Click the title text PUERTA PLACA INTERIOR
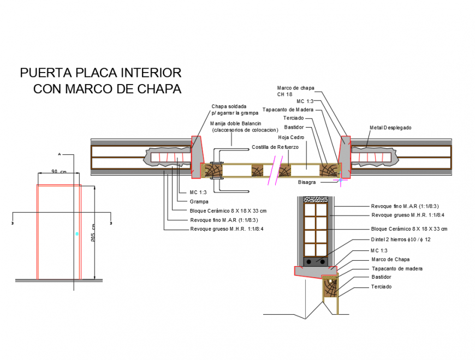(100, 73)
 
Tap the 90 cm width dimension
(58, 171)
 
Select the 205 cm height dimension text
(94, 232)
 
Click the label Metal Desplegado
(390, 128)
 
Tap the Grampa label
(199, 201)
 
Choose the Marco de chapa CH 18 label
(295, 91)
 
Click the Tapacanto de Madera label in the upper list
(288, 110)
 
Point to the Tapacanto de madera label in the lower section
(396, 268)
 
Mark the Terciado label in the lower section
(381, 286)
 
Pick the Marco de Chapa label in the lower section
(390, 259)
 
